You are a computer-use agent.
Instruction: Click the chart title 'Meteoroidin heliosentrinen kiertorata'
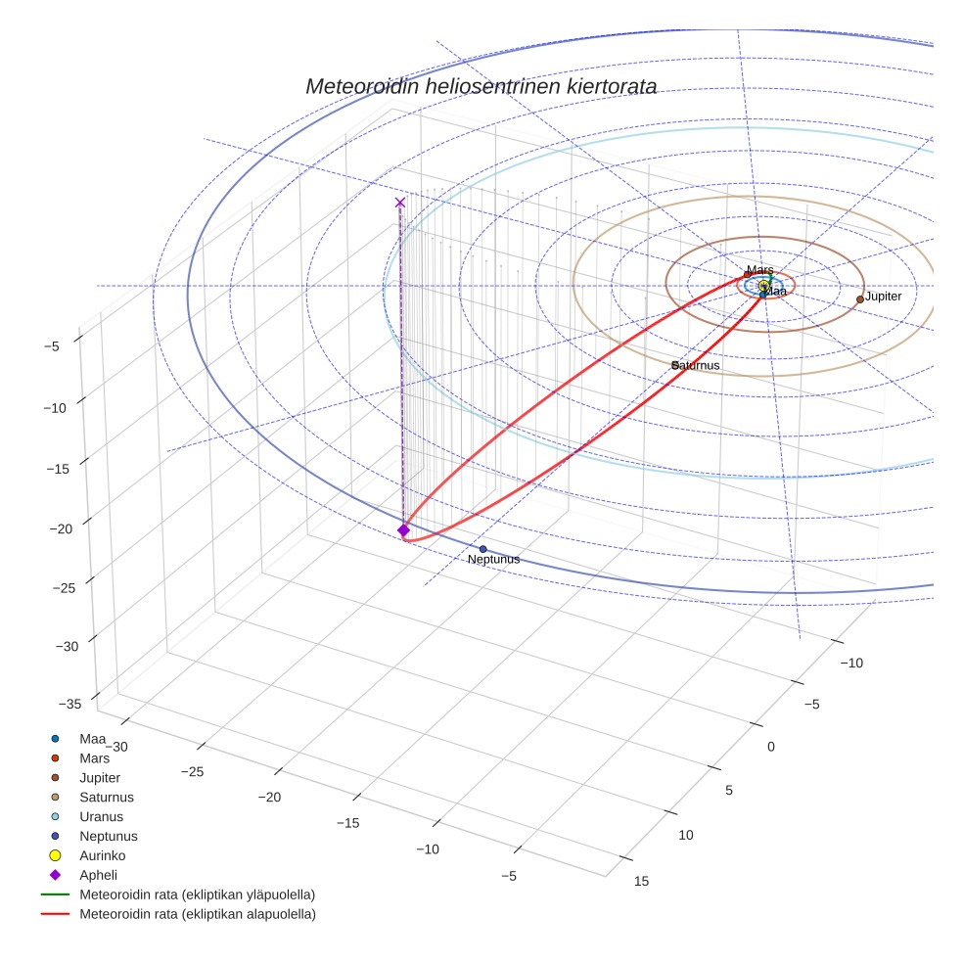(481, 86)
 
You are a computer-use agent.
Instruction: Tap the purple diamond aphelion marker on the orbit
(403, 529)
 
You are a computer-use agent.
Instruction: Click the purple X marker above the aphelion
(399, 203)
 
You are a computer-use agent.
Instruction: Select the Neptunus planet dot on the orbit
(482, 549)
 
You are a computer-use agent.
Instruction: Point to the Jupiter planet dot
(860, 299)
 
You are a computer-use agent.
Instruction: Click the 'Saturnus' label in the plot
(696, 366)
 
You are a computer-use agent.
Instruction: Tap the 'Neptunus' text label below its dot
(493, 560)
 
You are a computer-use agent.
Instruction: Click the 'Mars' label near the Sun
(759, 270)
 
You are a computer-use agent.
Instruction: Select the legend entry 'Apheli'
(98, 875)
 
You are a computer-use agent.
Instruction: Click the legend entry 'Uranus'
(101, 816)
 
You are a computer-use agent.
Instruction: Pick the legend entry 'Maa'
(92, 738)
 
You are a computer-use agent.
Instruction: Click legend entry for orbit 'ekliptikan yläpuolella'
(197, 894)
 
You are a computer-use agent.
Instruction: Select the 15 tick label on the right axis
(641, 881)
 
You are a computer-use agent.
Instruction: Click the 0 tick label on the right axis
(770, 747)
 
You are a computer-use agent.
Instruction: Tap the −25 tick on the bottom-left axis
(193, 772)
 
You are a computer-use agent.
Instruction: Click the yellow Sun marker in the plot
(764, 286)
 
